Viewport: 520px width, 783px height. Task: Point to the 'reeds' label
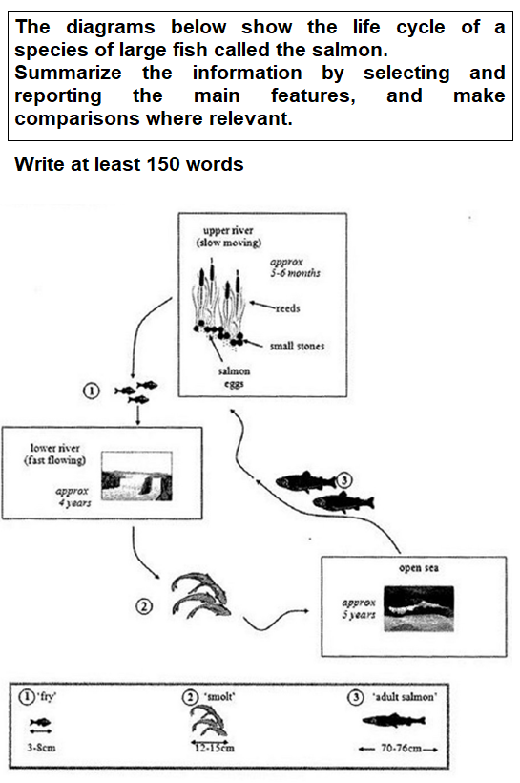288,309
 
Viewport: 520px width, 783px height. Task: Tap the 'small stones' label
296,346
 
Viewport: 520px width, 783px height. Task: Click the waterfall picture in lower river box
137,476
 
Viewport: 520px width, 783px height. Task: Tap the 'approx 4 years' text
73,497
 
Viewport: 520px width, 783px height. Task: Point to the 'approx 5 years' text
360,609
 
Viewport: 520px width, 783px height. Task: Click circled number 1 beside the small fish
92,391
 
